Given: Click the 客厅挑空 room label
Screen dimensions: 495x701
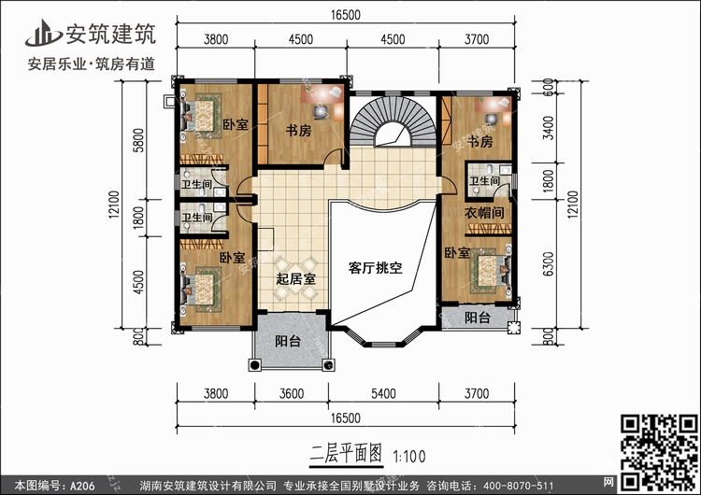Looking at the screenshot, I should pyautogui.click(x=375, y=267).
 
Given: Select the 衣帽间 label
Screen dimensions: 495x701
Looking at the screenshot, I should pyautogui.click(x=485, y=214).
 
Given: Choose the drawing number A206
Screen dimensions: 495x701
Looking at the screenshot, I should pyautogui.click(x=81, y=484).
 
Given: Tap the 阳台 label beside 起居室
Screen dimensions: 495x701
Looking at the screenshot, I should pyautogui.click(x=289, y=343).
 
